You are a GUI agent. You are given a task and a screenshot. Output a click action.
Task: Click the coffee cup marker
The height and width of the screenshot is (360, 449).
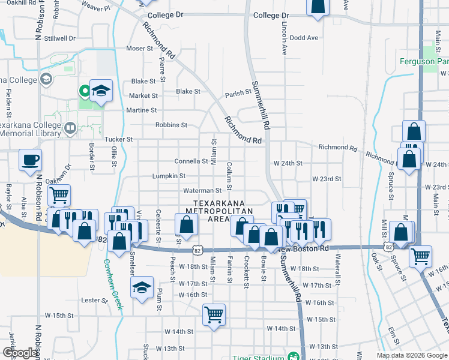(30, 160)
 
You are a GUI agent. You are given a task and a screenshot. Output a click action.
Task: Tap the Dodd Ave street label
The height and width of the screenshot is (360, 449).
(304, 37)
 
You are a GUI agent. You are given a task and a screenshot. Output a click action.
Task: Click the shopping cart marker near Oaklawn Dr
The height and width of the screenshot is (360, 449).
(59, 194)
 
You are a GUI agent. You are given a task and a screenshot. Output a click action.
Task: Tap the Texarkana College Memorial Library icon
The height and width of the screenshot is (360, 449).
(70, 128)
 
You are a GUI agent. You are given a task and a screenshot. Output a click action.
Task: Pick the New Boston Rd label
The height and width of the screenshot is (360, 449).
(304, 248)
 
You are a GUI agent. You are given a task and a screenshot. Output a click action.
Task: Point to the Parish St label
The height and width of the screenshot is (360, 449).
(238, 94)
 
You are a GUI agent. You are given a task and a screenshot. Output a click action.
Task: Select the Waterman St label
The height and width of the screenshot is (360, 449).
(202, 191)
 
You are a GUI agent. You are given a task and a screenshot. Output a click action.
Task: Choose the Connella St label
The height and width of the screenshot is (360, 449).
(191, 161)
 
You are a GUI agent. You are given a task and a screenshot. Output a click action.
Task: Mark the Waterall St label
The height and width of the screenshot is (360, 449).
(339, 270)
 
